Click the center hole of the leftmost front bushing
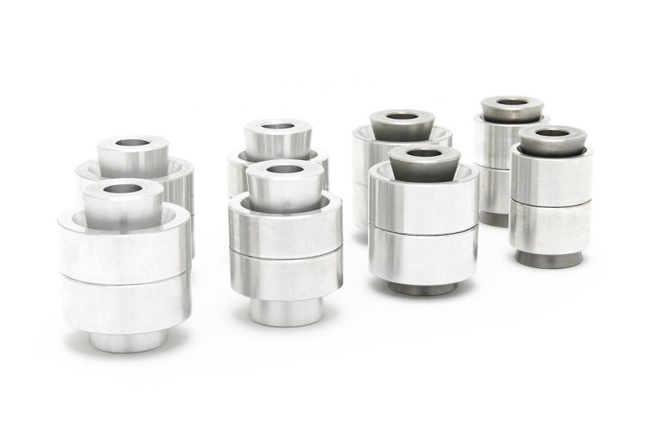[123, 188]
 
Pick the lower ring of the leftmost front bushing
[125, 305]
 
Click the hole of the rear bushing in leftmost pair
[132, 143]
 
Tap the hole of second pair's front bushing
[284, 170]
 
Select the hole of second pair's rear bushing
[278, 126]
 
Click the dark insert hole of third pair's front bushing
[423, 152]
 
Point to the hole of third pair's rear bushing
[401, 116]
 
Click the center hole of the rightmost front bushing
[552, 132]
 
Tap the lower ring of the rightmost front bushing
[549, 227]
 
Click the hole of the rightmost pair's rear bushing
[512, 102]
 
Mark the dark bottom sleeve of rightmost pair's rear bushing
[493, 219]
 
